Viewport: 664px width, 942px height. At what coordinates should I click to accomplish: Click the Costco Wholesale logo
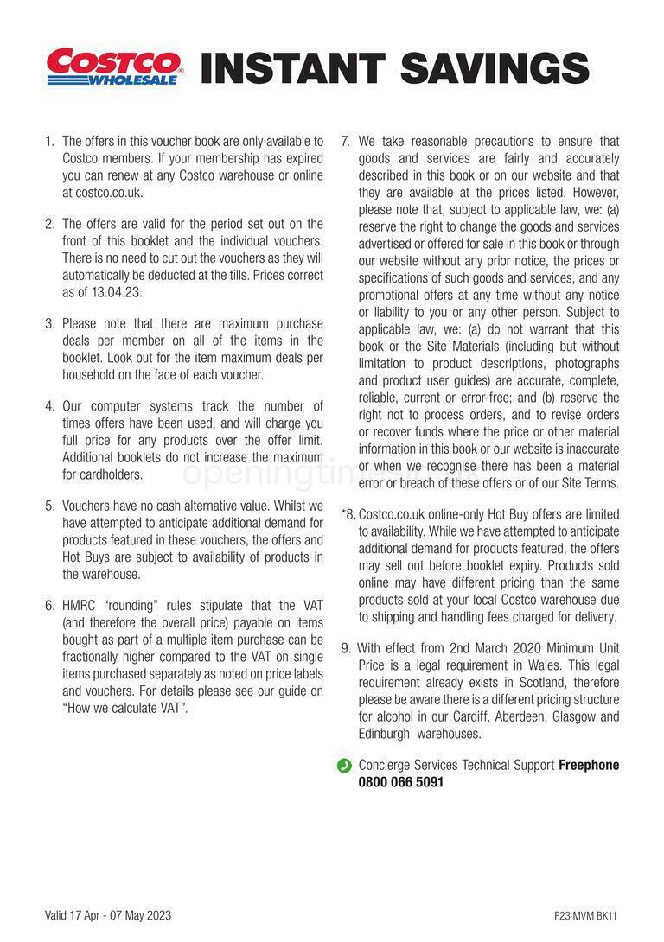pos(114,67)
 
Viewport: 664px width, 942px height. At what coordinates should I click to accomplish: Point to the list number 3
pos(49,324)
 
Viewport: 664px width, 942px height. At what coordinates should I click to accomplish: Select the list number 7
pos(345,141)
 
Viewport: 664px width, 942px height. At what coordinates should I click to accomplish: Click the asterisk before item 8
pos(344,513)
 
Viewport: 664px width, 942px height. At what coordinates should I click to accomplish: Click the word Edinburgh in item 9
pos(385,734)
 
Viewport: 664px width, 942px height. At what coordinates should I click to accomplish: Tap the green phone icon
pos(344,765)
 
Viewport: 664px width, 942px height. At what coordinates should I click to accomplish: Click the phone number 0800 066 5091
pos(401,782)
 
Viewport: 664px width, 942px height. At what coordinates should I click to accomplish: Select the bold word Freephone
pos(589,765)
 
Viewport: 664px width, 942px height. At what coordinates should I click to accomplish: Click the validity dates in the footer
pos(108,915)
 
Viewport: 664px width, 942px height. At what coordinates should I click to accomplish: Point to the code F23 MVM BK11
pos(586,916)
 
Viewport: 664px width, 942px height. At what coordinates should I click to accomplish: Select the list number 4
pos(49,405)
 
